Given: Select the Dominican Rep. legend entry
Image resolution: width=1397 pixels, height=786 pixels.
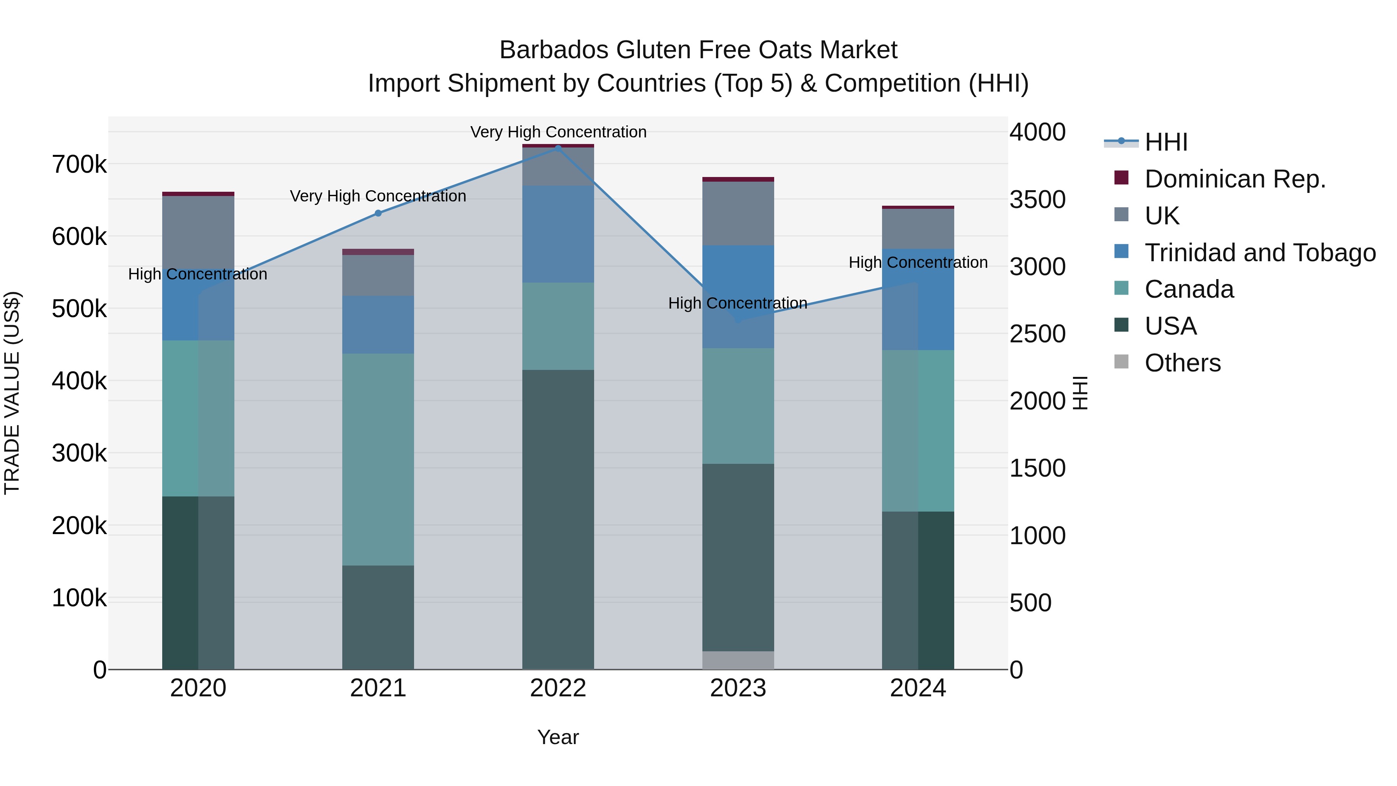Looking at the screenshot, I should [1235, 179].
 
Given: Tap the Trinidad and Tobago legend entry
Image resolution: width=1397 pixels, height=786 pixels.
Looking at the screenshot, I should [1260, 253].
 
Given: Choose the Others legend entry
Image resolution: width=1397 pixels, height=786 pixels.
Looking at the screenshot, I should [1182, 363].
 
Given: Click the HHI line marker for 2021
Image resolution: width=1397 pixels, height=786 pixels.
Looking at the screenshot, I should [378, 213].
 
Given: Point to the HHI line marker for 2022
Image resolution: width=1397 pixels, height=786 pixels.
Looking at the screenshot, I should [558, 148].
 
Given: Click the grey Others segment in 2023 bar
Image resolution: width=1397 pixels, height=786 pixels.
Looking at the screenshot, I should [738, 660].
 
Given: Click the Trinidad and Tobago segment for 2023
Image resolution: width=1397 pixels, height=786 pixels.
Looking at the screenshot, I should [738, 271].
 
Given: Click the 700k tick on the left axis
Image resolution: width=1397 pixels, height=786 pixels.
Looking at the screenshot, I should [79, 164].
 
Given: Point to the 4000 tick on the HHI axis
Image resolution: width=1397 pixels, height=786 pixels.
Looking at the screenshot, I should [1037, 132].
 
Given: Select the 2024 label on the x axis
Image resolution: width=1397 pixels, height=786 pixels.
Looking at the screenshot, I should [918, 688].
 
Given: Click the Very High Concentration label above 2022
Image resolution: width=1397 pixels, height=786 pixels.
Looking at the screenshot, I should [558, 132].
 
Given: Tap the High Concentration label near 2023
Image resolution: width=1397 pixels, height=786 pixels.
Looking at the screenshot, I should [738, 303].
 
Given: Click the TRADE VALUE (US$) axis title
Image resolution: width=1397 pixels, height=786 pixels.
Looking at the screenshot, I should [12, 393].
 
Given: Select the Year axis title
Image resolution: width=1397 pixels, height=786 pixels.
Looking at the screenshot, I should [558, 737].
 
